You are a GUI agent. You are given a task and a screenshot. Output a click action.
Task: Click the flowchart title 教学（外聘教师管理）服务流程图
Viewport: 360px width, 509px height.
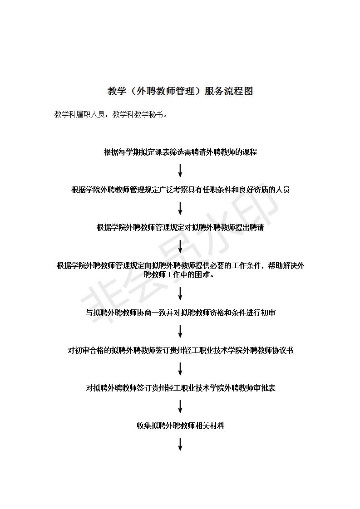(180, 91)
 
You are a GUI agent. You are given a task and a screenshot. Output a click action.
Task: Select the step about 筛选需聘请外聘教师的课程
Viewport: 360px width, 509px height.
(180, 152)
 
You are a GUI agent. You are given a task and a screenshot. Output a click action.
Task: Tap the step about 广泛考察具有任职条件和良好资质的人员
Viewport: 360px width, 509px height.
(180, 190)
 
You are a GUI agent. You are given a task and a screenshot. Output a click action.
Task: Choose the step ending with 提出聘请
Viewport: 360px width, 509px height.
(180, 228)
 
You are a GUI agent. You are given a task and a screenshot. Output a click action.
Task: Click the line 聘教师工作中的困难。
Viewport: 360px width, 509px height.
(180, 275)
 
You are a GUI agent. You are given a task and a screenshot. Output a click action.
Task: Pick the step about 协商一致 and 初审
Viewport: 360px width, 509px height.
(180, 313)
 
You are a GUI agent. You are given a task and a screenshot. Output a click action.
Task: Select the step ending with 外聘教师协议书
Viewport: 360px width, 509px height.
(180, 351)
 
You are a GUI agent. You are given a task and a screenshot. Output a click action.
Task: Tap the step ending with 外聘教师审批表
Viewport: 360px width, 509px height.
(180, 388)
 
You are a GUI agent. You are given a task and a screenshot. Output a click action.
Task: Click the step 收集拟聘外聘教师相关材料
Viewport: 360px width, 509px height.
(180, 426)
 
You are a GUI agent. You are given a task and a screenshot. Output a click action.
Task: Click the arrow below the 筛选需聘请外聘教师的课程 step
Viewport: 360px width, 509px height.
(180, 171)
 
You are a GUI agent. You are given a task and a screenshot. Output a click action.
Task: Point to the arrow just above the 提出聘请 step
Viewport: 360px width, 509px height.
(180, 208)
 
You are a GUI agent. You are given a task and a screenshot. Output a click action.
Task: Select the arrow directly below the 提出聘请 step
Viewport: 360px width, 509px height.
(180, 246)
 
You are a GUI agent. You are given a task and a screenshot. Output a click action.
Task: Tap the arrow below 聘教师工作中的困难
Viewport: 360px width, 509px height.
(180, 294)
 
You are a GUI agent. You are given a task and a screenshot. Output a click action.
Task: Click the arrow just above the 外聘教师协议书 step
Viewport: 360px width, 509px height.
(180, 331)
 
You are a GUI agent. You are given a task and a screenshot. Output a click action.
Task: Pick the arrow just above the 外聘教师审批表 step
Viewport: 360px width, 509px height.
(180, 369)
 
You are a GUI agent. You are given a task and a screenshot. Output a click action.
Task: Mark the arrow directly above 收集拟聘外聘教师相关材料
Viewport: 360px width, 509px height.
(180, 406)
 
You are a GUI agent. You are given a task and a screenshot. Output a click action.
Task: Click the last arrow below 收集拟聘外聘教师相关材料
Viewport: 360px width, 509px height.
(180, 444)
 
